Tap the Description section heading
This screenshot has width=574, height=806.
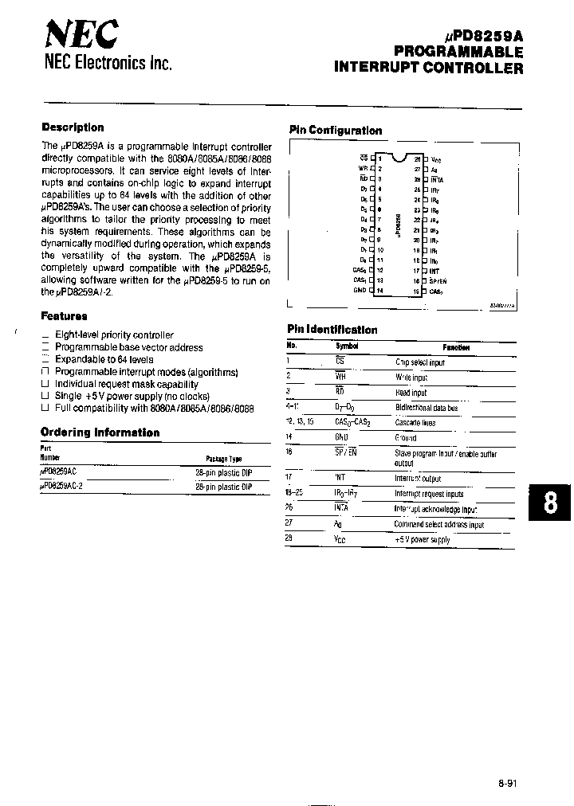[73, 127]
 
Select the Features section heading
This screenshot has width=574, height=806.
[64, 315]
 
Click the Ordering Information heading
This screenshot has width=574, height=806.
[100, 432]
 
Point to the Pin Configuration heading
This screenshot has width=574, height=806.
[335, 131]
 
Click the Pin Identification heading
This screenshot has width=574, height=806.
[332, 330]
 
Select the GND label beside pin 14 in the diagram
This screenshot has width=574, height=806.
[359, 291]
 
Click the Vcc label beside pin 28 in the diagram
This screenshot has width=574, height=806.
[436, 159]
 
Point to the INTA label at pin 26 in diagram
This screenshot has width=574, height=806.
[438, 179]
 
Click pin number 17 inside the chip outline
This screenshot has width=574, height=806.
[416, 271]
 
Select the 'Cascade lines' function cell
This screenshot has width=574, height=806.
[415, 422]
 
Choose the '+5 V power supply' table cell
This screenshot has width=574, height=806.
[422, 540]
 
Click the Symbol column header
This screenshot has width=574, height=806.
[347, 346]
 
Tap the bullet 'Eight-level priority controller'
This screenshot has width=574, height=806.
[114, 335]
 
